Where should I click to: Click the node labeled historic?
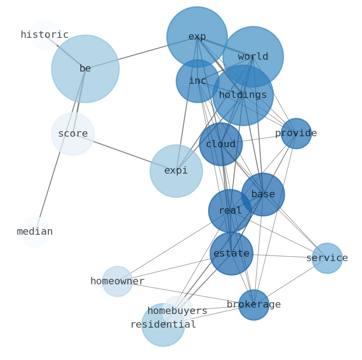tap(45, 35)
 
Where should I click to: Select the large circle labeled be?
tap(85, 69)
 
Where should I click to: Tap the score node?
tap(73, 134)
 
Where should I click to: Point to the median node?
tap(35, 232)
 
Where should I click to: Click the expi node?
tap(176, 171)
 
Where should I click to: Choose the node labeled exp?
tap(197, 37)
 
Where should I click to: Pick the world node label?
tap(253, 57)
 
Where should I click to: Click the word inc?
tap(197, 81)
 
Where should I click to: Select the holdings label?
tap(243, 95)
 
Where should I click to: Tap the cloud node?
tap(221, 144)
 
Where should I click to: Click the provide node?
tap(296, 134)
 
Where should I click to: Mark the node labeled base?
tap(263, 195)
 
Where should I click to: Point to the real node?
tap(230, 211)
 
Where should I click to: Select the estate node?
tap(232, 254)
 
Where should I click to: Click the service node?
tap(327, 258)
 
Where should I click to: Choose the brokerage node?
tap(253, 305)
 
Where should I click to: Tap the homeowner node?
tap(117, 282)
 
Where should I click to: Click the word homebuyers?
tap(177, 311)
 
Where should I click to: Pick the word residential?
tap(163, 325)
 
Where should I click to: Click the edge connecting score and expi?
tap(123, 152)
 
